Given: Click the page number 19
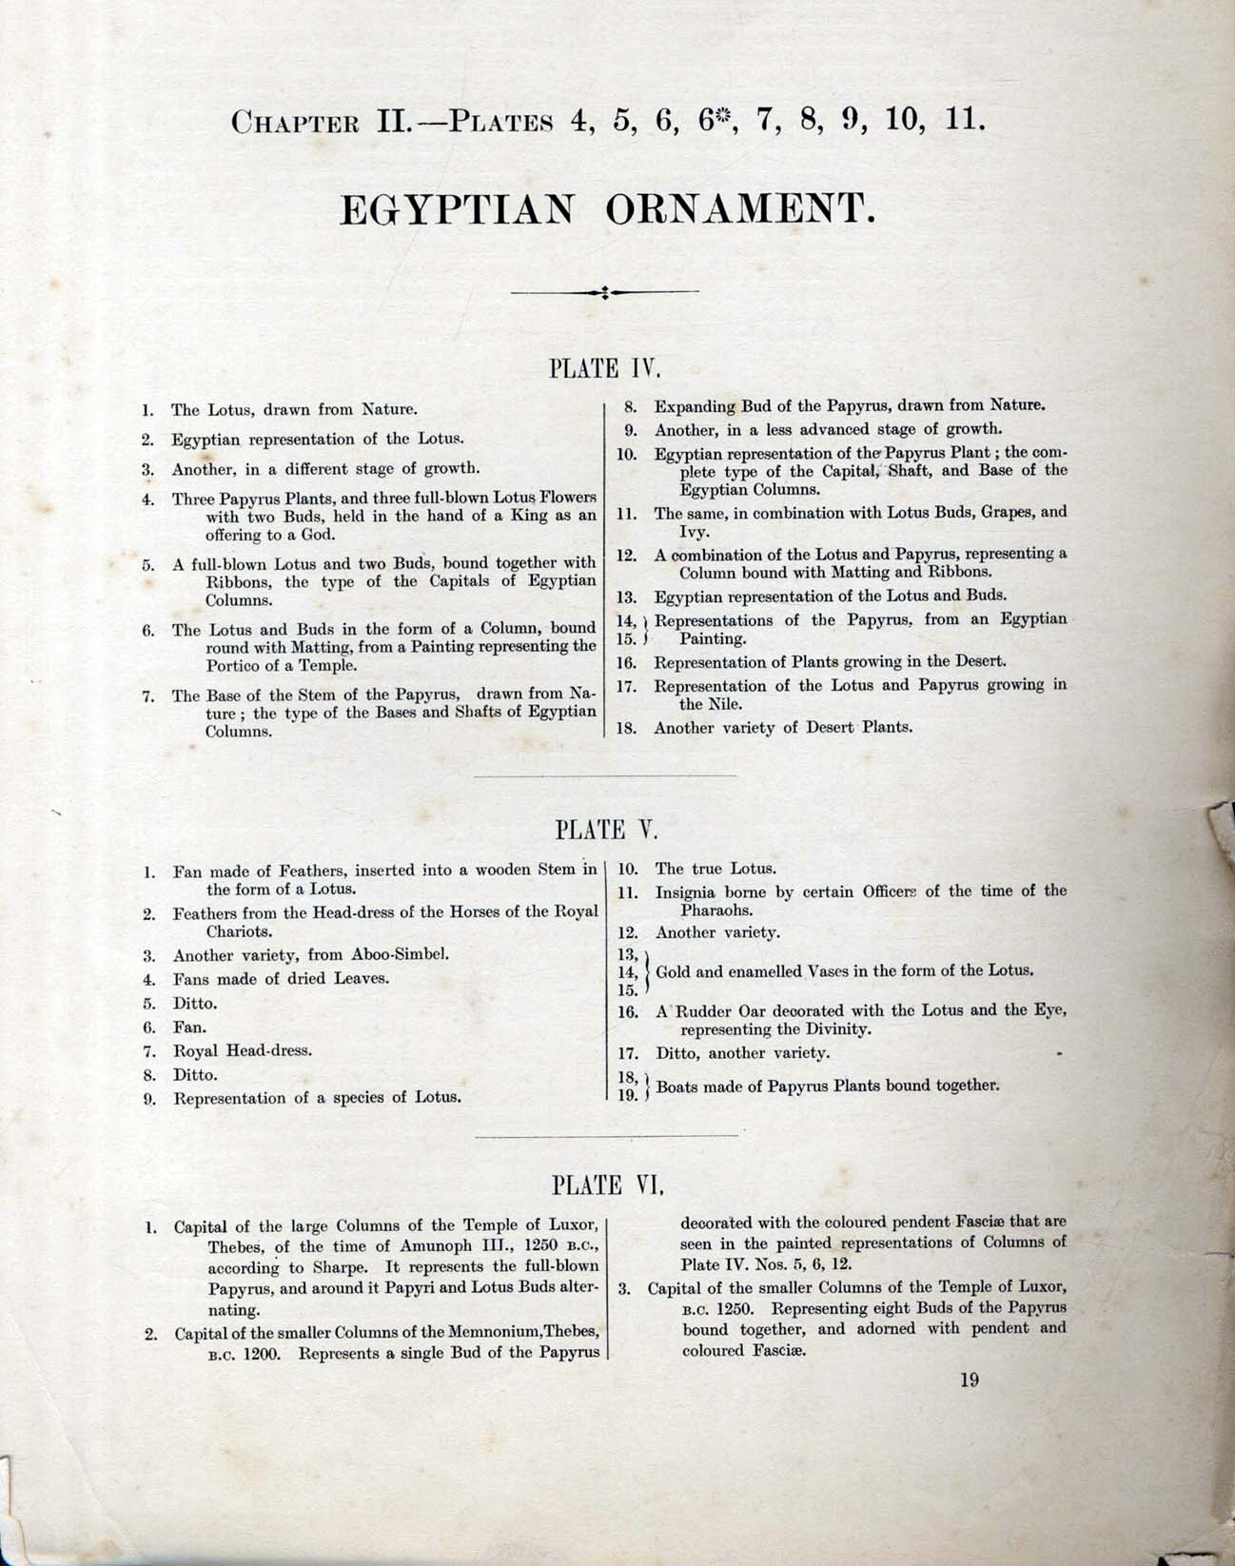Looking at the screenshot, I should click(969, 1380).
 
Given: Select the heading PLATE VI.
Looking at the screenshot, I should click(607, 1185).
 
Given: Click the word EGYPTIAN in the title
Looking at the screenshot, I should click(457, 209).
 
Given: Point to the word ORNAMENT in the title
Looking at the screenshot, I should click(740, 209).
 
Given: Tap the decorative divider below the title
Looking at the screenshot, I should click(604, 292).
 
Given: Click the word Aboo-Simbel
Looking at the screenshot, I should click(403, 954).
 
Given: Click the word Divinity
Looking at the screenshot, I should click(812, 1030).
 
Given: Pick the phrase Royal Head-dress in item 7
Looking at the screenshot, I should click(243, 1051).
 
